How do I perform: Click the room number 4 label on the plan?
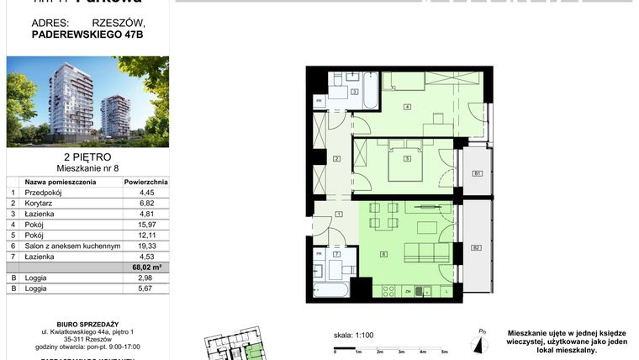pyautogui.click(x=406, y=107)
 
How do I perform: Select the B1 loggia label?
pyautogui.click(x=476, y=174)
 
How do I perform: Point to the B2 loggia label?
pyautogui.click(x=476, y=247)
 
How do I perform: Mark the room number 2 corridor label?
pyautogui.click(x=336, y=159)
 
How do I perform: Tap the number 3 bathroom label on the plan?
pyautogui.click(x=355, y=91)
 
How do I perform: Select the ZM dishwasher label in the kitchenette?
pyautogui.click(x=407, y=291)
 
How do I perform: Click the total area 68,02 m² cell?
pyautogui.click(x=145, y=268)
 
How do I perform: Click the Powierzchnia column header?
pyautogui.click(x=145, y=181)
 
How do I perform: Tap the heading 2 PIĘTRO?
pyautogui.click(x=87, y=157)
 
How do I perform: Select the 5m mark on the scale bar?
pyautogui.click(x=444, y=352)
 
